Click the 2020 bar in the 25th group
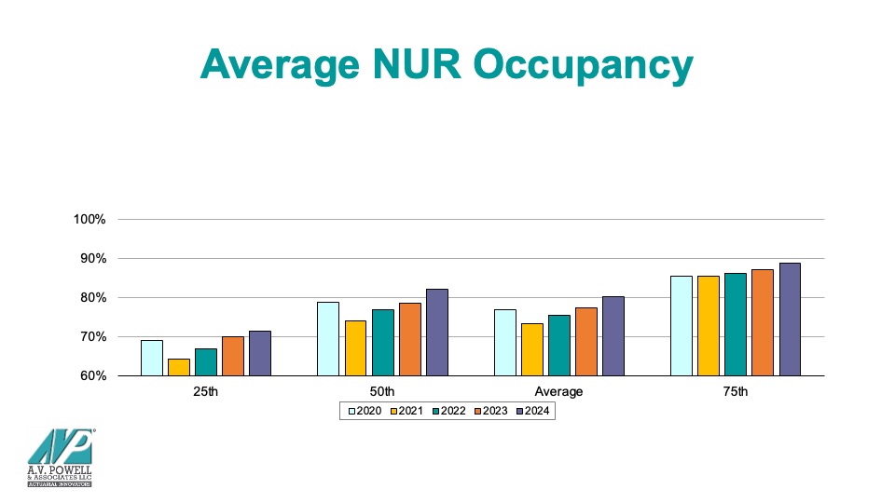click(151, 359)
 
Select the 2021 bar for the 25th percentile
click(178, 368)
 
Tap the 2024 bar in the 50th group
click(436, 333)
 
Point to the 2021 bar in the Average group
click(531, 349)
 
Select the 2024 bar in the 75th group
click(790, 319)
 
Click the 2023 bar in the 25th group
click(232, 356)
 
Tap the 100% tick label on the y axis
click(91, 220)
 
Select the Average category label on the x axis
click(558, 392)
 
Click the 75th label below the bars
click(736, 392)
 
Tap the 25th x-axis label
click(205, 392)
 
